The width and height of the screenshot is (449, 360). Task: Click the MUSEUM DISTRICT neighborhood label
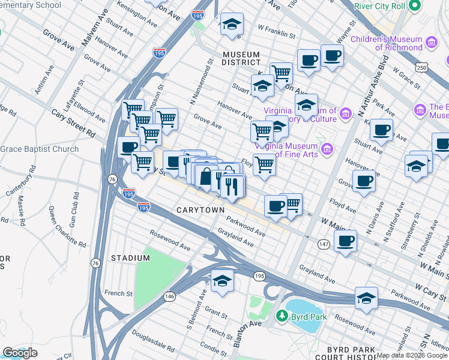[241, 58]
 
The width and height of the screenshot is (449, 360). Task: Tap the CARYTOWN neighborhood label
[200, 209]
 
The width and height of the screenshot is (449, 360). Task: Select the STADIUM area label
[130, 258]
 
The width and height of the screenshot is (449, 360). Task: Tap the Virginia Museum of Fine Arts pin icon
[327, 149]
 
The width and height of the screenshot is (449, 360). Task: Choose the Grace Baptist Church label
[40, 149]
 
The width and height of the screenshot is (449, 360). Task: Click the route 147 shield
[323, 244]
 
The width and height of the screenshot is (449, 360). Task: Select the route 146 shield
[170, 296]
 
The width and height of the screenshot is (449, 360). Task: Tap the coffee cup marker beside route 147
[345, 241]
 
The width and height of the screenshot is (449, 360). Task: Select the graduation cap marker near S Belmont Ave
[222, 281]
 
